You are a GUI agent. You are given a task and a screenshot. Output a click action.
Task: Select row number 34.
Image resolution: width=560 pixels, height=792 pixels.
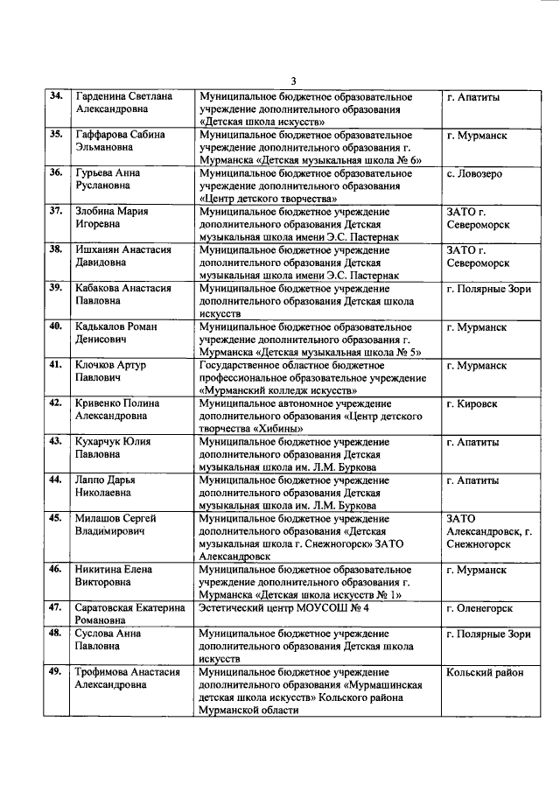(55, 96)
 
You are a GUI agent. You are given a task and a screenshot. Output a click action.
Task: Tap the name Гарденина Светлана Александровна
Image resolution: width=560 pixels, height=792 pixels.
(122, 103)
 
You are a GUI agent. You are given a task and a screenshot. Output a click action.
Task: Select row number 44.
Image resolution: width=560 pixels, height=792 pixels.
(55, 480)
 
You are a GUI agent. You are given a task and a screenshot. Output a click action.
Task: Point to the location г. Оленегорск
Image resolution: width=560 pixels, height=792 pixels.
(479, 607)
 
